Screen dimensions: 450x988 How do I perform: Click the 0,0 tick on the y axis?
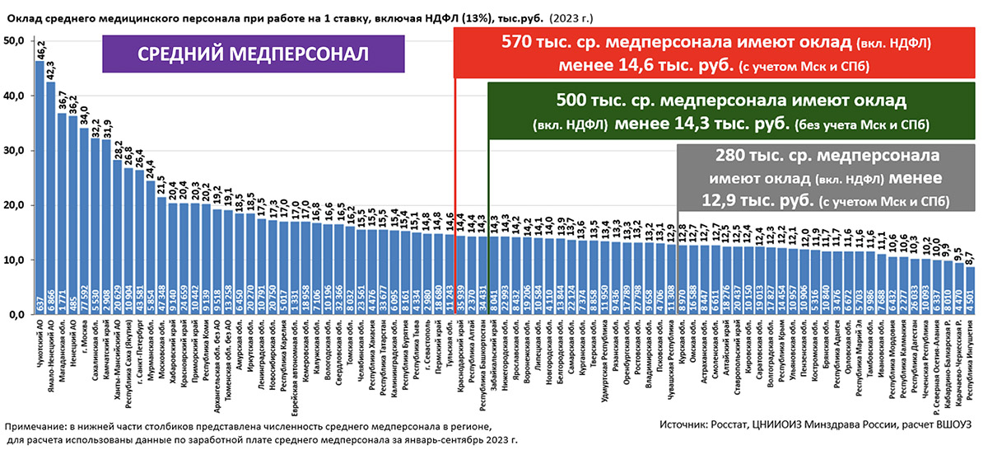pos(16,315)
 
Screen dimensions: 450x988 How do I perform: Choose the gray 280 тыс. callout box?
pos(816,178)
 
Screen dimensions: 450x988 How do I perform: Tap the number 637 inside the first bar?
pos(40,306)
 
